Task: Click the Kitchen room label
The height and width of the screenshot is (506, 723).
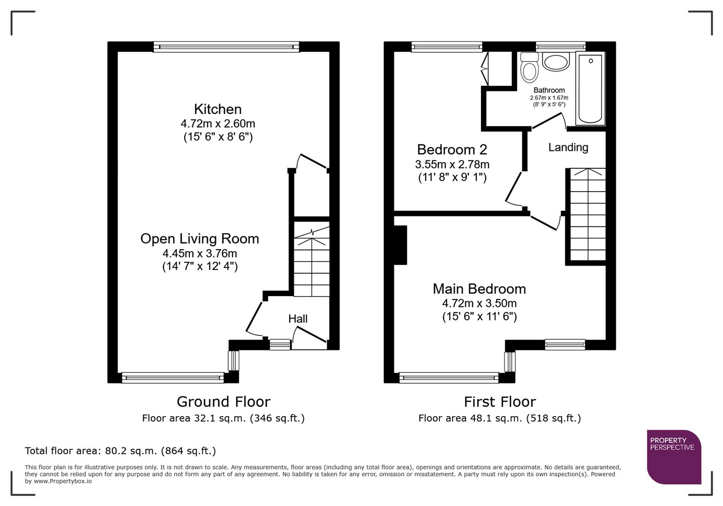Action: point(218,109)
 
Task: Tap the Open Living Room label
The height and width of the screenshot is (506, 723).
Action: point(199,238)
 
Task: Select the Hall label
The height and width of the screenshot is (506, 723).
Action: point(298,319)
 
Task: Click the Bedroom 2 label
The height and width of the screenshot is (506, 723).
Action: point(452,149)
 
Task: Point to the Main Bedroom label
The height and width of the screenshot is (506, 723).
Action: point(479,289)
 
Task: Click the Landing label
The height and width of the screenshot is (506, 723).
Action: point(568,148)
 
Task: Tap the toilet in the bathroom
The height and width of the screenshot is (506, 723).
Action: point(530,68)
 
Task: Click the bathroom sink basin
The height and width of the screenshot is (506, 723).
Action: point(556,62)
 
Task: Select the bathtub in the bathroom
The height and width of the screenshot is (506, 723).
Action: point(590,89)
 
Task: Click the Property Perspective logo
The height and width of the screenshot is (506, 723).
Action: point(673,456)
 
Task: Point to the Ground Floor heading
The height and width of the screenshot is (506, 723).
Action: point(223,402)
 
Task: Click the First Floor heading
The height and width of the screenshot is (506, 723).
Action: point(500,402)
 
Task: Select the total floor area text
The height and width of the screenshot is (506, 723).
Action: point(120,451)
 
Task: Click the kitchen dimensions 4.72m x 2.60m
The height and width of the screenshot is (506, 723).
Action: point(218,124)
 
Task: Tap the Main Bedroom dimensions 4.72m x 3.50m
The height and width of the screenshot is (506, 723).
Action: point(479,303)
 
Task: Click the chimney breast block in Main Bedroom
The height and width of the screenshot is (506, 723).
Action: point(400,245)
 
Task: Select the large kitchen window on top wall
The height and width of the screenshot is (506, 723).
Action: point(226,46)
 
